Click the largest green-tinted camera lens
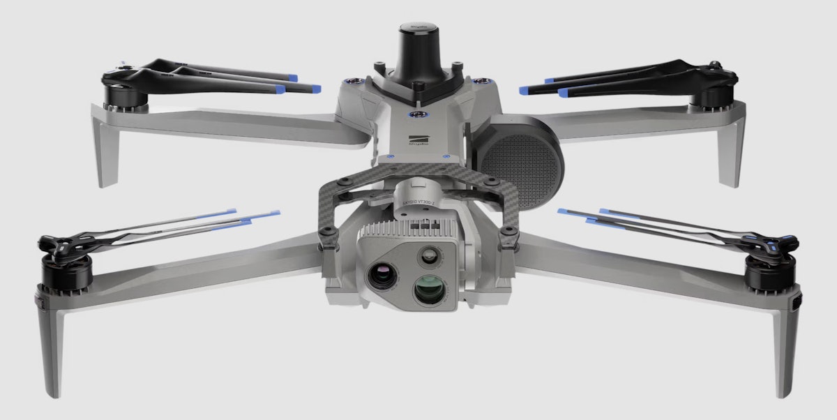pos(428,289)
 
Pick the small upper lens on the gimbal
pos(427,256)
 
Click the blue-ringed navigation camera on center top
pos(418,114)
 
